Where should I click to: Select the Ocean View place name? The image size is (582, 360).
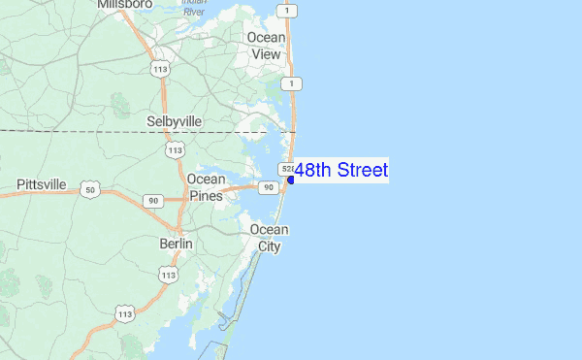pyautogui.click(x=266, y=46)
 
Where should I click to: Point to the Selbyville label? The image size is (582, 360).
pyautogui.click(x=174, y=121)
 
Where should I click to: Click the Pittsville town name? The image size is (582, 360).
pyautogui.click(x=42, y=184)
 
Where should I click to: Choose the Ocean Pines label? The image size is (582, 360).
pyautogui.click(x=206, y=187)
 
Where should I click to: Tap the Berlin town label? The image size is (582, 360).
pyautogui.click(x=176, y=244)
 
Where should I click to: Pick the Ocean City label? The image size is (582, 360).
pyautogui.click(x=269, y=238)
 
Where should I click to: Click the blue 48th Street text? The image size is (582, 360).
pyautogui.click(x=340, y=171)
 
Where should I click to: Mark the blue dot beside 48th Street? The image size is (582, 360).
pyautogui.click(x=291, y=179)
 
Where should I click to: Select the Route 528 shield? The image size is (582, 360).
pyautogui.click(x=287, y=169)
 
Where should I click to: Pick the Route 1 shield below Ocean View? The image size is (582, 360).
pyautogui.click(x=289, y=84)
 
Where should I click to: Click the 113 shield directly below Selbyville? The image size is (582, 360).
pyautogui.click(x=175, y=149)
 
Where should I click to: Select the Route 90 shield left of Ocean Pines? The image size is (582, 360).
pyautogui.click(x=153, y=200)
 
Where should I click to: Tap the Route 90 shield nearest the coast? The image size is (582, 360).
pyautogui.click(x=265, y=187)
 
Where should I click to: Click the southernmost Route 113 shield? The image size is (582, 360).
pyautogui.click(x=124, y=313)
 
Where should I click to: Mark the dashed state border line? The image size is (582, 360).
pyautogui.click(x=97, y=130)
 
